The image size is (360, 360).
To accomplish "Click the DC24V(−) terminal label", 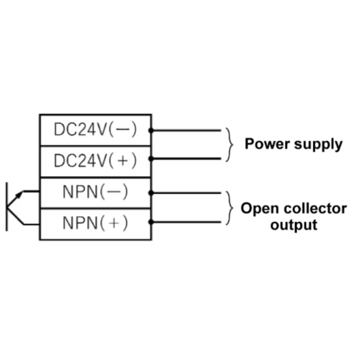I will (95, 130).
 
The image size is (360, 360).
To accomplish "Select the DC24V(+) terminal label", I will (95, 161).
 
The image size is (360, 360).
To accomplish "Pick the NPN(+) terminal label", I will (95, 223).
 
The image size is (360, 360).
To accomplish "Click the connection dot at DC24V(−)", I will (151, 130).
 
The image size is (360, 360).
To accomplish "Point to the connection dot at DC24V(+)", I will (151, 159).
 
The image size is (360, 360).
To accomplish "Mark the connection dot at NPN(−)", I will (151, 193).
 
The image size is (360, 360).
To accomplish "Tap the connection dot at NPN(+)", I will (151, 222).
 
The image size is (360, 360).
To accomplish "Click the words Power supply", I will (293, 144).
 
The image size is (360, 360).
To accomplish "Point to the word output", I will (294, 224).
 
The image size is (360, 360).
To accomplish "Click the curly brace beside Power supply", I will (230, 144).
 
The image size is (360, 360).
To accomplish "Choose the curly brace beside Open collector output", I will (230, 207).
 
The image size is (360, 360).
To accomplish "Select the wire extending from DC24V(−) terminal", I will (186, 130).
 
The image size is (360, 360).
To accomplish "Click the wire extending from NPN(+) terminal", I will (186, 222).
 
